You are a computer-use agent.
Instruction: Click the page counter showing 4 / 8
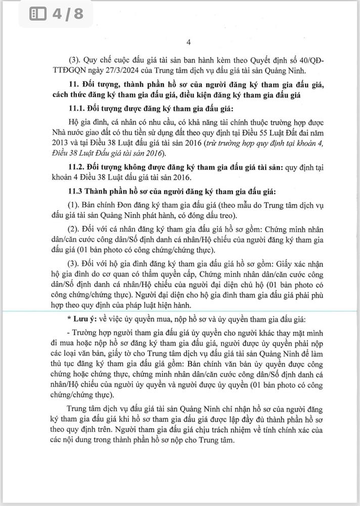(67, 14)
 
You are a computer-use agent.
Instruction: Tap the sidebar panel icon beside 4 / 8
(38, 14)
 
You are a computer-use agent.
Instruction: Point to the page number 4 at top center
(189, 42)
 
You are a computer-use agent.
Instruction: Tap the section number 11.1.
(76, 109)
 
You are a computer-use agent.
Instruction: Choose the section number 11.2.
(76, 166)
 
